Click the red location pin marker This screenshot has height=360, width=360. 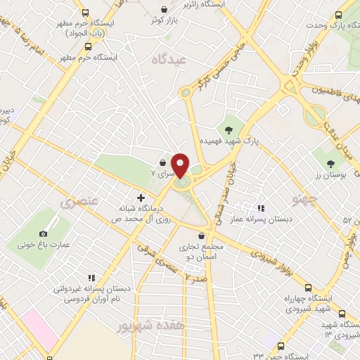coord(181,165)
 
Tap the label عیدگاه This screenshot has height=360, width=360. coord(172,61)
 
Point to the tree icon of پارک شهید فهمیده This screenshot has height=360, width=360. coord(228,128)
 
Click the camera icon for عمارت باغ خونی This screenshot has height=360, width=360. coord(43,233)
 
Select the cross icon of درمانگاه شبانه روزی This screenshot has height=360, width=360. coord(141,198)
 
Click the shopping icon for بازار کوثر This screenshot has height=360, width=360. coord(163,9)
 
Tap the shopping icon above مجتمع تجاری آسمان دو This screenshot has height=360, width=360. coord(202,236)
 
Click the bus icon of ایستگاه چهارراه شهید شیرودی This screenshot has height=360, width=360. coord(308,288)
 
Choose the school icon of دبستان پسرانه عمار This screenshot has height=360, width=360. coord(260,208)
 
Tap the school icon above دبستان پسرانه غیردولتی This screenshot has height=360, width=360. coord(89,277)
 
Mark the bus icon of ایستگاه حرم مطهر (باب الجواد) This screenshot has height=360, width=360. coord(86,13)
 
